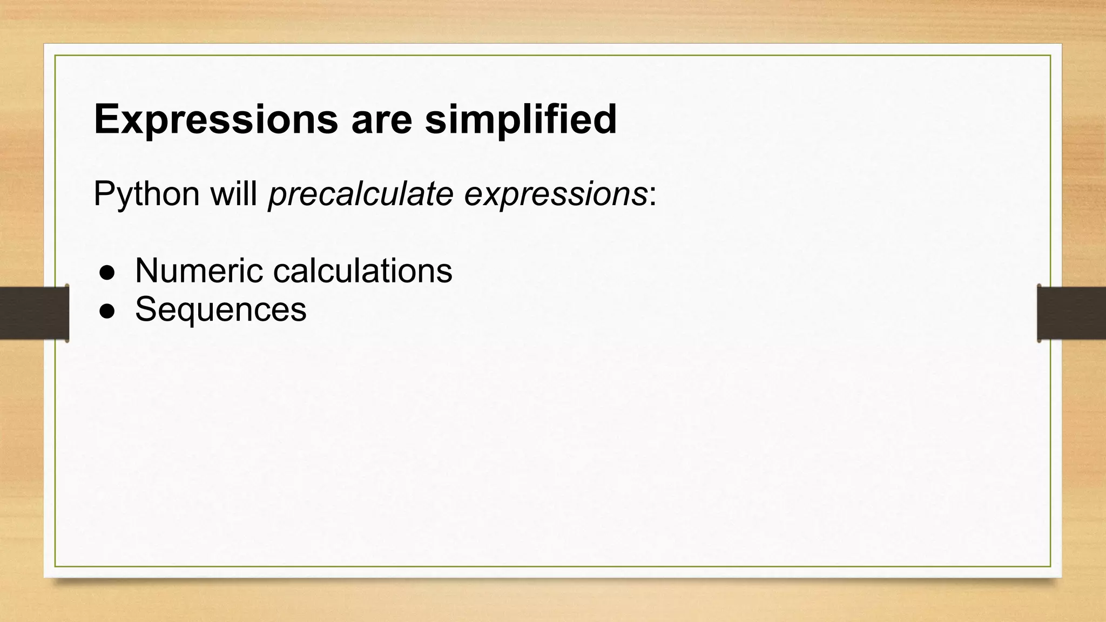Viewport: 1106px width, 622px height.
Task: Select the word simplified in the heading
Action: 521,119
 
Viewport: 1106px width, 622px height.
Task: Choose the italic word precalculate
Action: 360,194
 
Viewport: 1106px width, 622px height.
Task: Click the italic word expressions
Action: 556,194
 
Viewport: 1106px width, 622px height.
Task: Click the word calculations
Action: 362,271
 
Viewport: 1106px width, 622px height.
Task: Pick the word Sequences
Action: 220,309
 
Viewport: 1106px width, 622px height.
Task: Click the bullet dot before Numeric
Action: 107,273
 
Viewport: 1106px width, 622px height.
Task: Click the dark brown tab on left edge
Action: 34,313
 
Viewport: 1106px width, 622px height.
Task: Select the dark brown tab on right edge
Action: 1071,313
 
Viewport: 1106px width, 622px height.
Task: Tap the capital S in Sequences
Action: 146,309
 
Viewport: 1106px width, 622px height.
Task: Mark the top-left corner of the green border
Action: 56,56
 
